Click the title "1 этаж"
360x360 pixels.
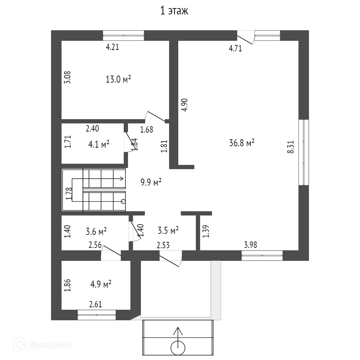pyautogui.click(x=174, y=11)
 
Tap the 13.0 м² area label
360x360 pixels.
pyautogui.click(x=118, y=79)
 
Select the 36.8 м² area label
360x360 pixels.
pyautogui.click(x=242, y=143)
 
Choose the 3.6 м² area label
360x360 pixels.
pyautogui.click(x=96, y=231)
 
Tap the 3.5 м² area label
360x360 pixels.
pyautogui.click(x=168, y=231)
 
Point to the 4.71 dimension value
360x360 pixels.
pyautogui.click(x=235, y=49)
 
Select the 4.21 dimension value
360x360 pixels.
pyautogui.click(x=112, y=47)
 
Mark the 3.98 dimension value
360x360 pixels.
pyautogui.click(x=250, y=245)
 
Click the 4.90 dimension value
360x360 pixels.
pyautogui.click(x=185, y=104)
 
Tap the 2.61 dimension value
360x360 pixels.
pyautogui.click(x=96, y=304)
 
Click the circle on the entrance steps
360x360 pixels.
pyautogui.click(x=178, y=348)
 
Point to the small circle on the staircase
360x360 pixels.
pyautogui.click(x=123, y=201)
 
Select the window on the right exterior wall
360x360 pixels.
pyautogui.click(x=303, y=152)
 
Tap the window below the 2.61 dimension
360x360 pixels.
pyautogui.click(x=97, y=315)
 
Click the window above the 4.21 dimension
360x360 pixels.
pyautogui.click(x=123, y=36)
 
